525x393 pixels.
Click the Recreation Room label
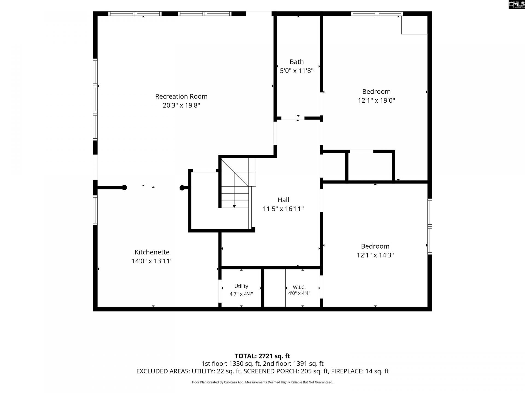click(x=181, y=96)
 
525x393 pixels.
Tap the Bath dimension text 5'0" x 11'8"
click(x=297, y=71)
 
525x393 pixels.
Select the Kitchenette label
click(x=152, y=252)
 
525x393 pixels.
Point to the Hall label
click(x=283, y=200)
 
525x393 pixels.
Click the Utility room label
click(x=241, y=286)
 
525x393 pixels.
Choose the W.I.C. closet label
click(x=299, y=287)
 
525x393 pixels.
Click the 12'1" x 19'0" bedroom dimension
click(x=377, y=100)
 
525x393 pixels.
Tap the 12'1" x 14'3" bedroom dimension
click(x=375, y=255)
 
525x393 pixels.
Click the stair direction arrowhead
click(x=234, y=206)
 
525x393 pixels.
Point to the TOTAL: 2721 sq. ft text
click(x=262, y=356)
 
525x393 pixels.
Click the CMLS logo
click(x=517, y=4)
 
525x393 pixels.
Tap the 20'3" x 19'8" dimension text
click(x=181, y=105)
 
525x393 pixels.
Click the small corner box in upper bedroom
click(x=414, y=25)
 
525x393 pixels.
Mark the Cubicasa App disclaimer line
click(x=262, y=382)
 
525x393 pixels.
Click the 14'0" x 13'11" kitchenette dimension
click(x=152, y=261)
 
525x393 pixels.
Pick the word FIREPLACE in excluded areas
click(x=347, y=371)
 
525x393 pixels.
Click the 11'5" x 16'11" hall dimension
click(x=283, y=209)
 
